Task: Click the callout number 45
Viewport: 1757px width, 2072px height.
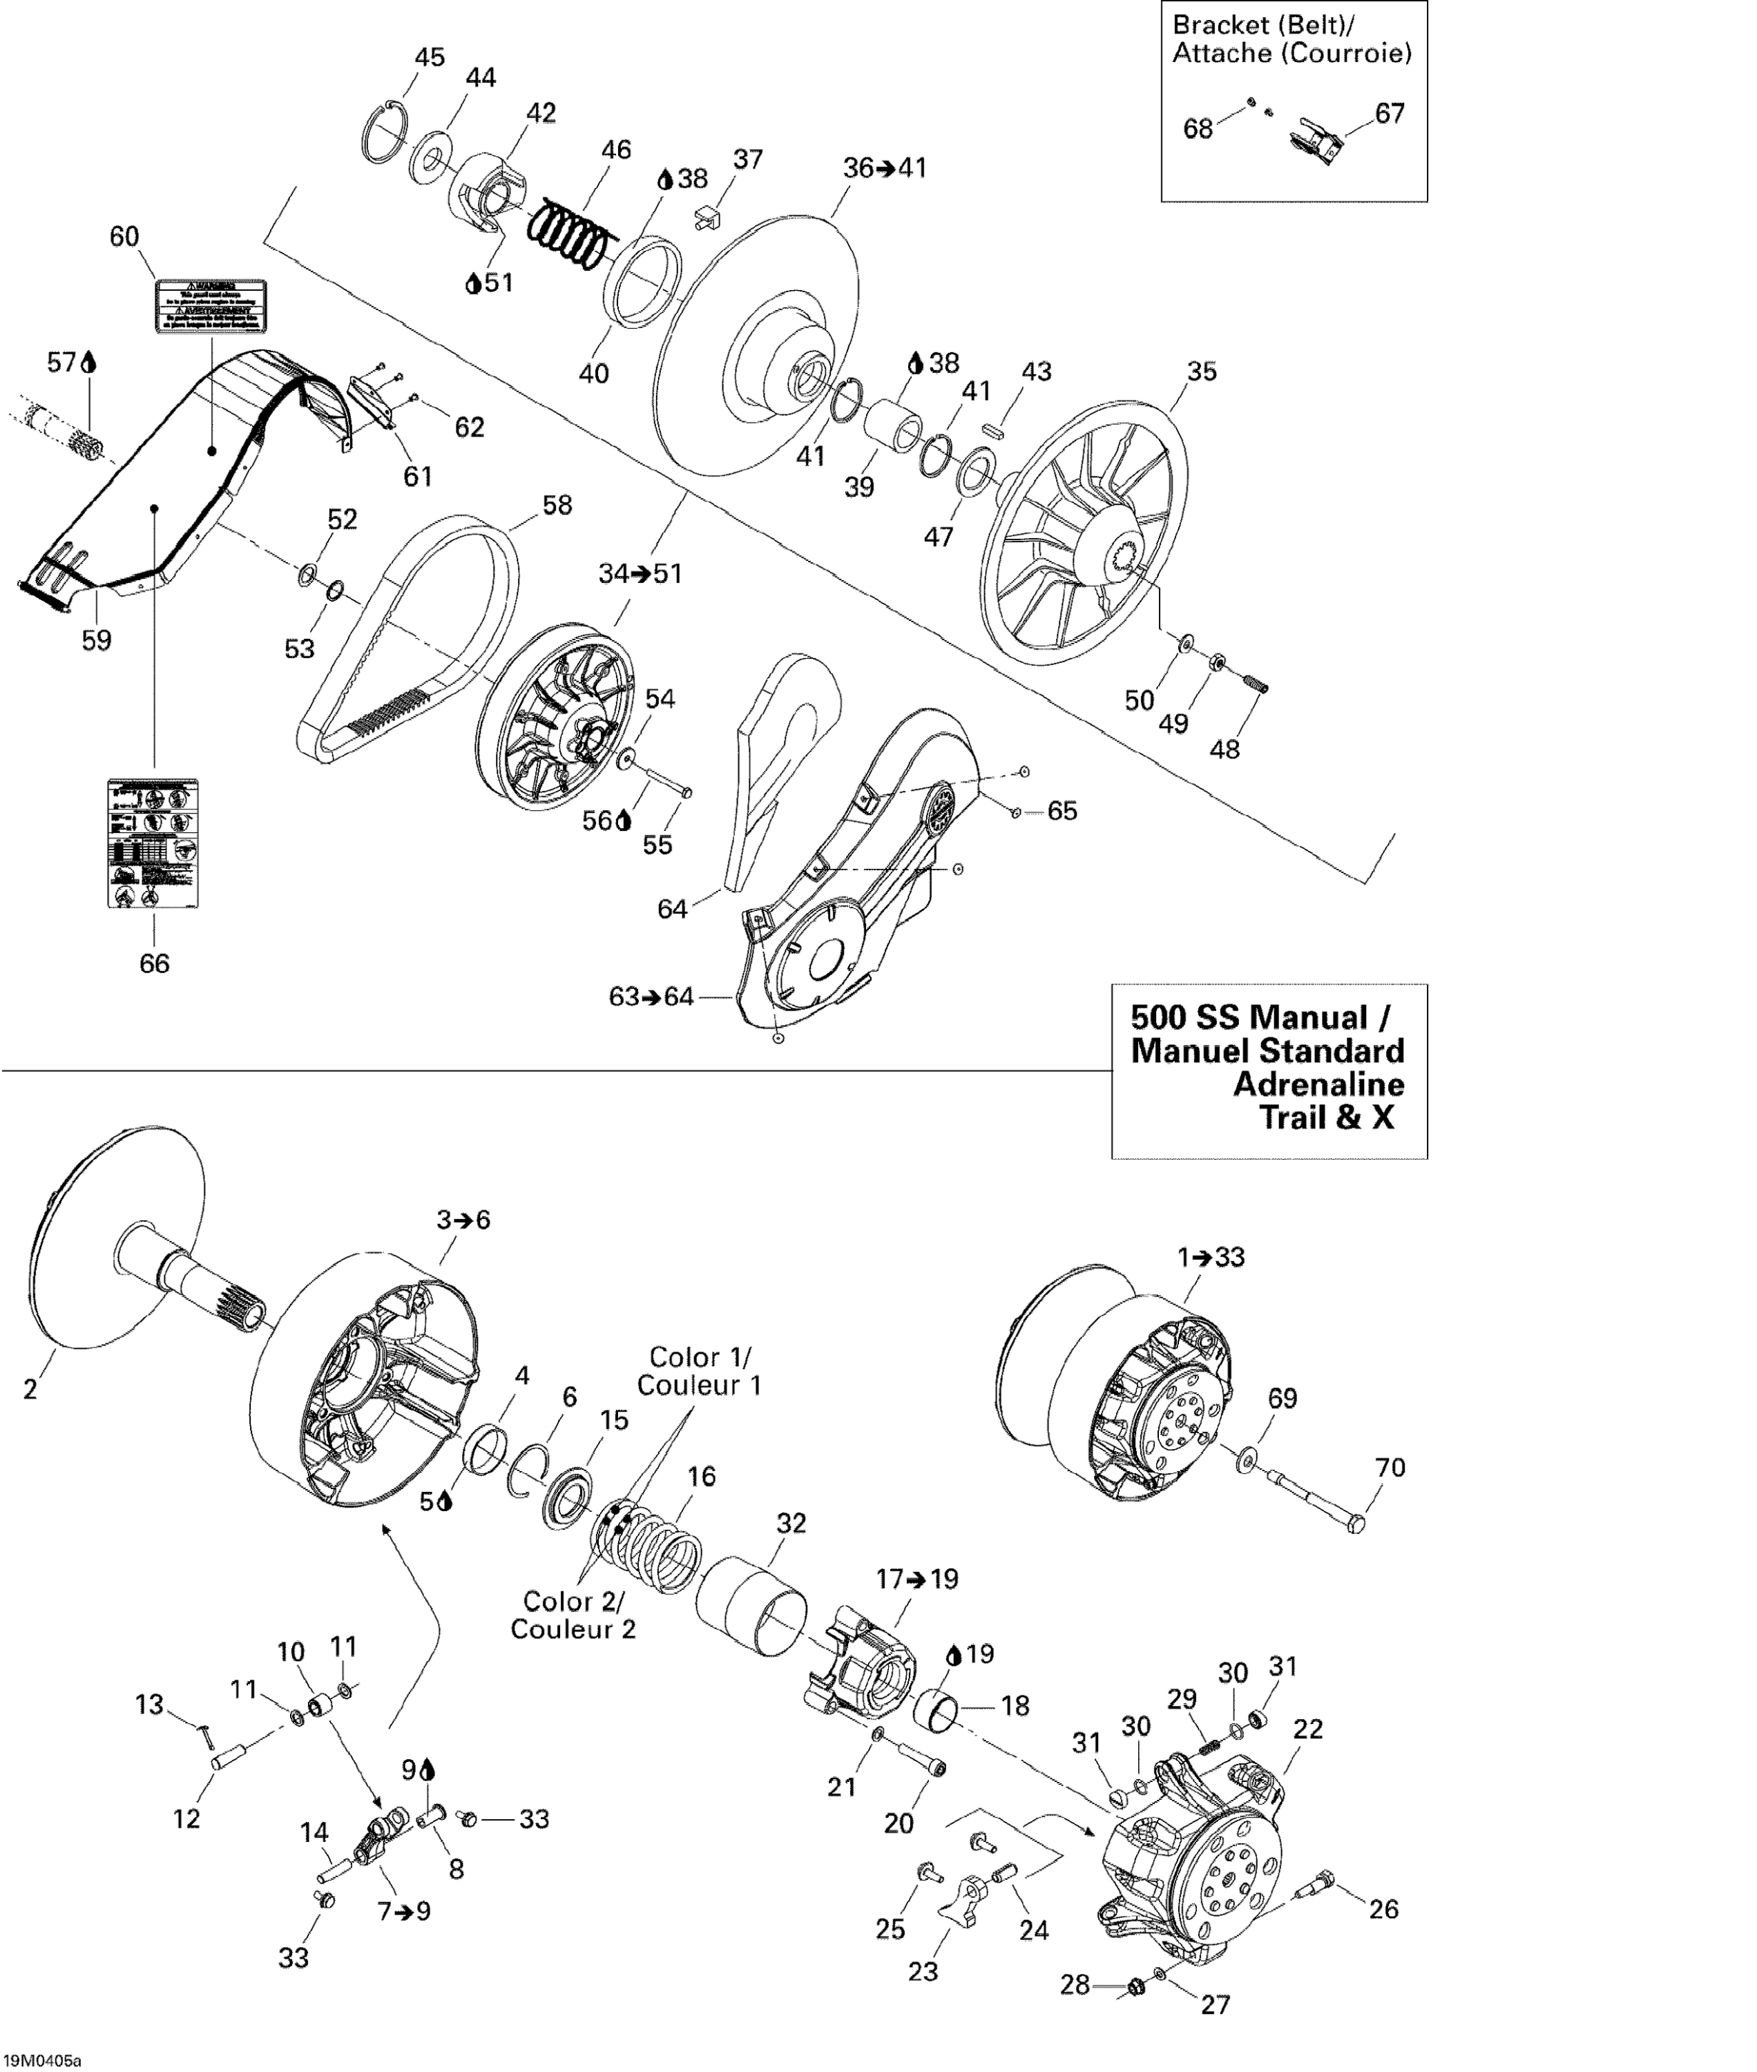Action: tap(430, 58)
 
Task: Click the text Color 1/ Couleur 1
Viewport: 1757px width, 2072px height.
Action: tap(698, 1371)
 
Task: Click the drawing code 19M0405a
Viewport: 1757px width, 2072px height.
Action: tap(43, 2052)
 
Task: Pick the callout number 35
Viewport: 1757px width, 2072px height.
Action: tap(1202, 372)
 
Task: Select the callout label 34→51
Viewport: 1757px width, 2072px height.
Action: tap(640, 574)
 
